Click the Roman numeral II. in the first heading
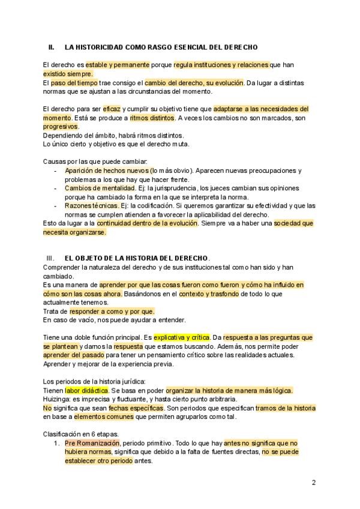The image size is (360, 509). pyautogui.click(x=52, y=47)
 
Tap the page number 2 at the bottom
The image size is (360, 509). pyautogui.click(x=314, y=482)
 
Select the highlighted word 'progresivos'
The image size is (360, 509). pyautogui.click(x=61, y=127)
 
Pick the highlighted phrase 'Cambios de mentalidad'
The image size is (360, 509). pyautogui.click(x=100, y=188)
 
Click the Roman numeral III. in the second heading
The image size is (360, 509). pyautogui.click(x=51, y=258)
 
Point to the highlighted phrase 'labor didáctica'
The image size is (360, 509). pyautogui.click(x=86, y=391)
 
